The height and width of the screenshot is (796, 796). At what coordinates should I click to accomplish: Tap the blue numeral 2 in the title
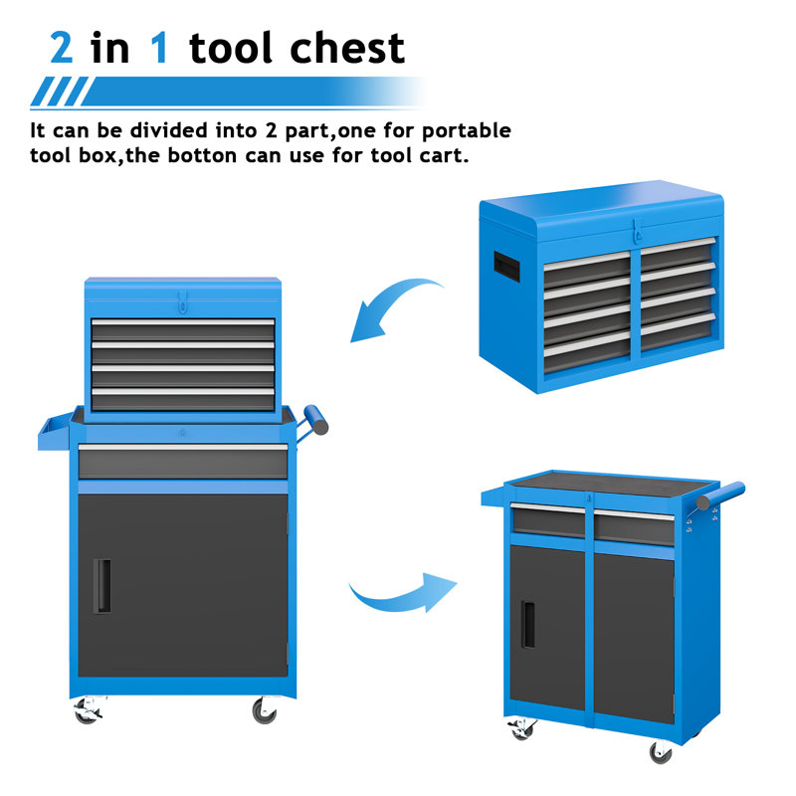61,48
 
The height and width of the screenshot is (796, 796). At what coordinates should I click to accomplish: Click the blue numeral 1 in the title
158,48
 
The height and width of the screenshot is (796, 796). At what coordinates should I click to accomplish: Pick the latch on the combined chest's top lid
182,298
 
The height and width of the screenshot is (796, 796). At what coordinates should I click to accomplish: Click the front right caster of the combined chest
264,709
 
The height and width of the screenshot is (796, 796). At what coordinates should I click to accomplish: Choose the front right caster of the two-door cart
661,752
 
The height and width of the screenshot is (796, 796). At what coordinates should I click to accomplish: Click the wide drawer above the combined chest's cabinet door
183,460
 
